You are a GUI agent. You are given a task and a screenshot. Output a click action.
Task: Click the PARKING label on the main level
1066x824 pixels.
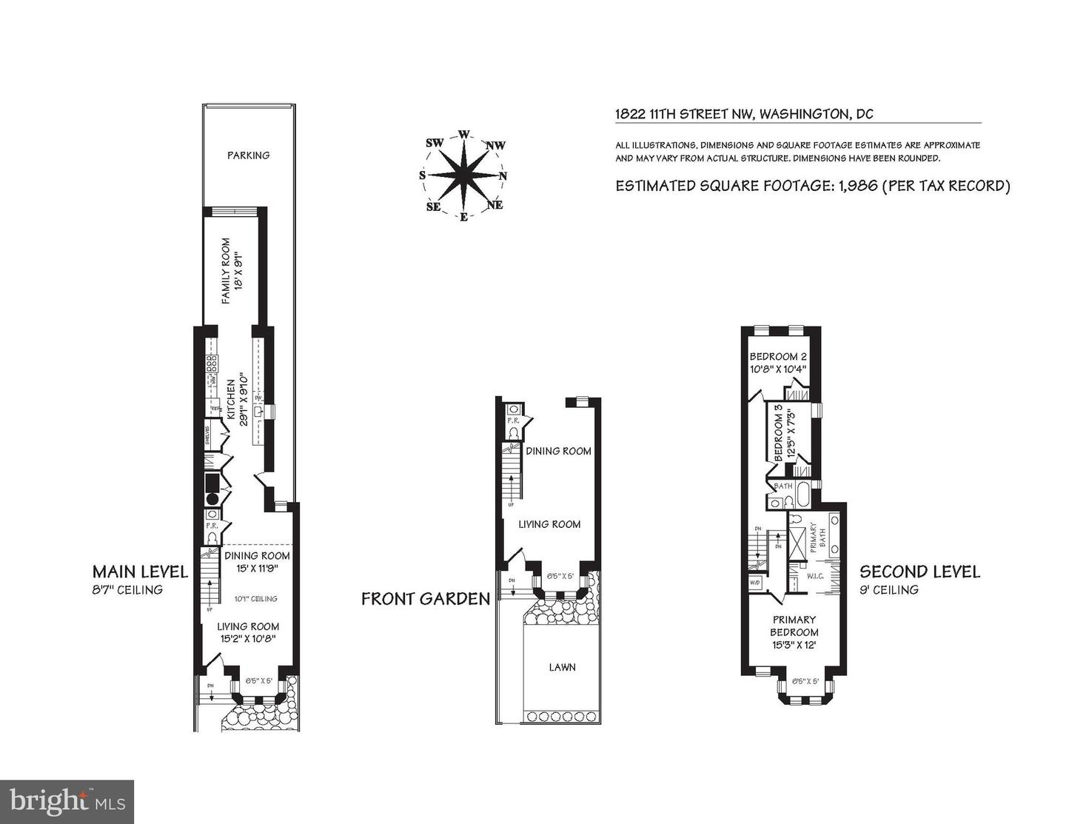(x=248, y=155)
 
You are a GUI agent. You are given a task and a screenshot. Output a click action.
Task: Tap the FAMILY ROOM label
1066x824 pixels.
(x=227, y=270)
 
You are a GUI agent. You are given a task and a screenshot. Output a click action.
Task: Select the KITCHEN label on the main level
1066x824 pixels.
(x=230, y=400)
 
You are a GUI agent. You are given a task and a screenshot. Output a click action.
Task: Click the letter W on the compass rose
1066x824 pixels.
(x=464, y=134)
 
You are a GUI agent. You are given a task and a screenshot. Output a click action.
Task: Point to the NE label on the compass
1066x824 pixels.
(x=495, y=205)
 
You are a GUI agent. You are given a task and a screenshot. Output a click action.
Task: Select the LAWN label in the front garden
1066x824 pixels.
(x=562, y=667)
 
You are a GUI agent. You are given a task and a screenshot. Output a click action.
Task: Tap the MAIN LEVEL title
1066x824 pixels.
(x=140, y=572)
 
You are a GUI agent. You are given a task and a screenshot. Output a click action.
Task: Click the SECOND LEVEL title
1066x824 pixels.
(x=919, y=572)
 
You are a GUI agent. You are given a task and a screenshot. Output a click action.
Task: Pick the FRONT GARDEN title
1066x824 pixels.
(x=426, y=598)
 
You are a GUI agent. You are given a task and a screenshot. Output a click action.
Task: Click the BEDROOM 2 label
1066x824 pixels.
(x=778, y=355)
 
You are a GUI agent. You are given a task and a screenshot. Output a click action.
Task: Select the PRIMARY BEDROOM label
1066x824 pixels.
(x=794, y=626)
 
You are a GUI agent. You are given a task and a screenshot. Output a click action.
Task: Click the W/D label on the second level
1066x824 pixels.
(x=755, y=582)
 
